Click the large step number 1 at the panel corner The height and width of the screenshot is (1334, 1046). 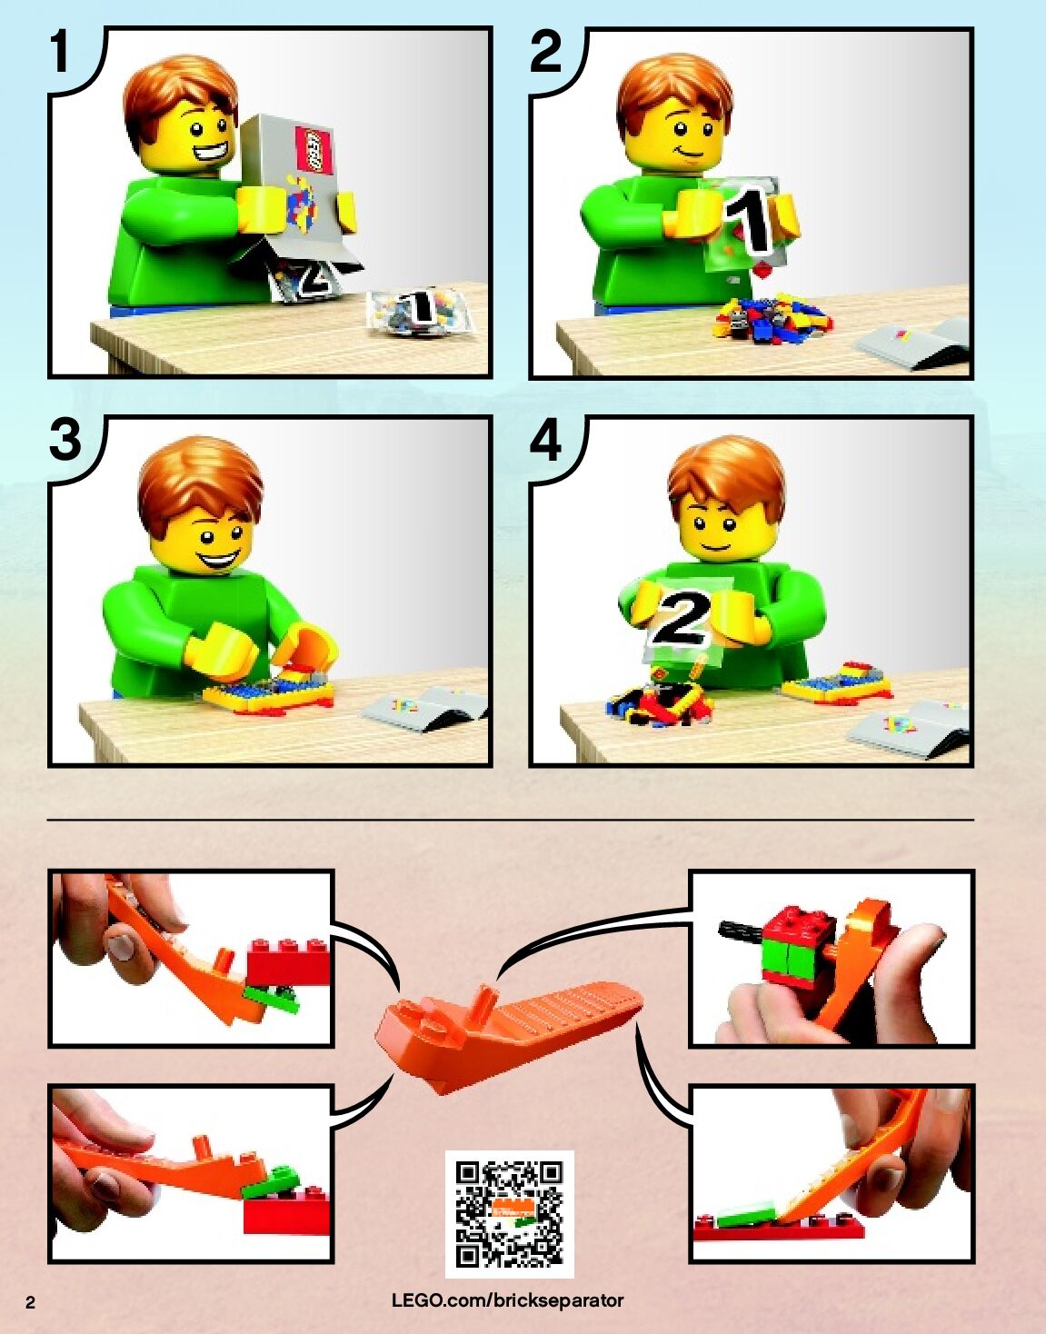[60, 52]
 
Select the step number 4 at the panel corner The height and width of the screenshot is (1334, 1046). [545, 441]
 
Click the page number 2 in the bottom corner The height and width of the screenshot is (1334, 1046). [31, 1303]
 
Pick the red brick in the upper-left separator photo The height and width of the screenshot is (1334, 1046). [288, 961]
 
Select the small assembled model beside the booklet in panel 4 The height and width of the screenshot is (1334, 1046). [836, 682]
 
